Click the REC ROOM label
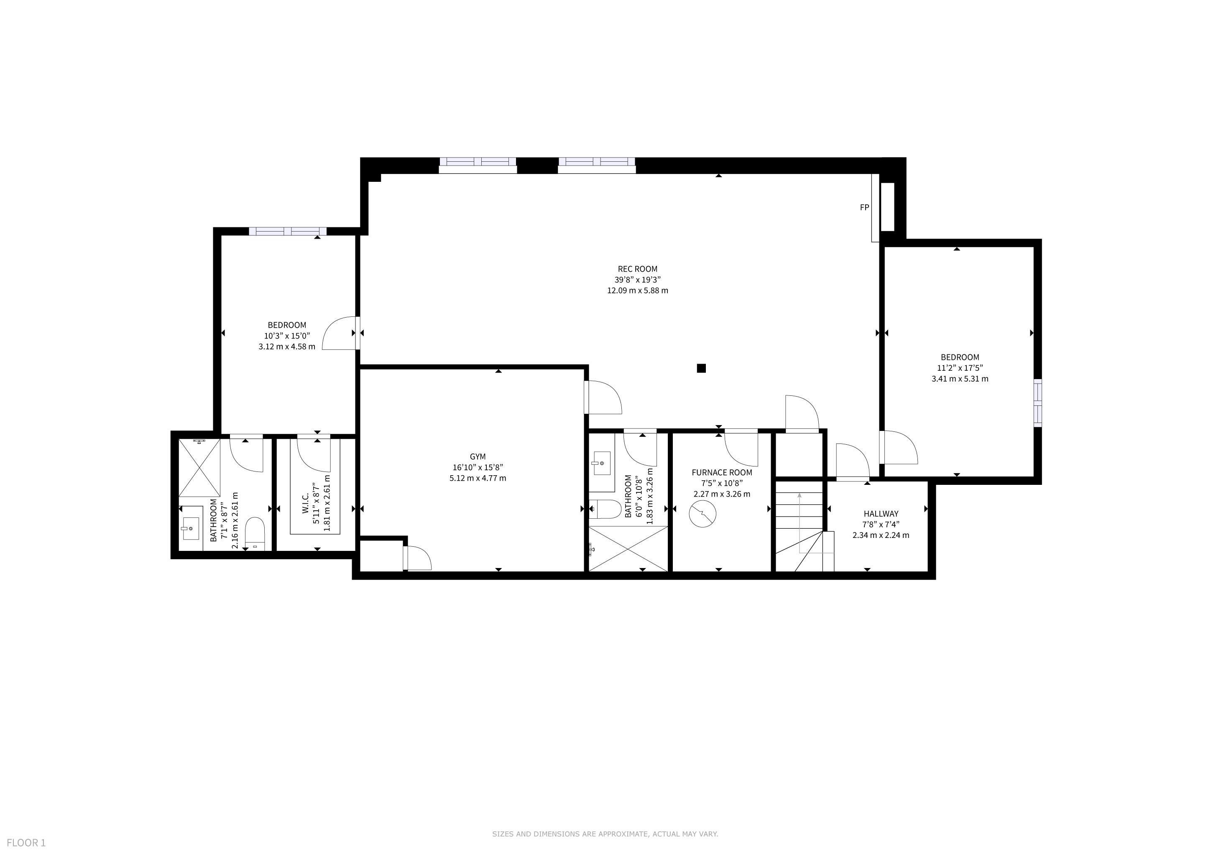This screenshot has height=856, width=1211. coord(637,269)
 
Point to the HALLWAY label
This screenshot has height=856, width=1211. coord(881,513)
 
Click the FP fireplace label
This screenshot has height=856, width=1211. coord(864,208)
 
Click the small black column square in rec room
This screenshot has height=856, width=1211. coord(701,368)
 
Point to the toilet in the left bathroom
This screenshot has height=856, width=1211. coord(255,533)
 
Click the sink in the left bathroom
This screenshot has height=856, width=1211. coord(190,527)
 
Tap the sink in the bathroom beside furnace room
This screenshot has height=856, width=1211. coord(602,463)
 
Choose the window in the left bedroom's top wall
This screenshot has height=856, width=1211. coord(287,231)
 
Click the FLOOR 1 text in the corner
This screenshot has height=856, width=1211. coord(26,843)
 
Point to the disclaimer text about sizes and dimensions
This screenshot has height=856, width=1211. coord(605,834)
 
